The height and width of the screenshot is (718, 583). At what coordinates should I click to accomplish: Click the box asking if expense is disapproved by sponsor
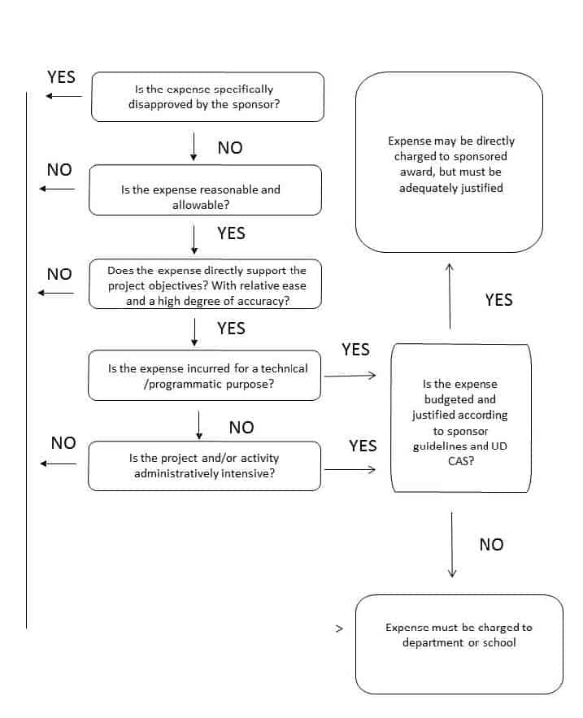(x=207, y=97)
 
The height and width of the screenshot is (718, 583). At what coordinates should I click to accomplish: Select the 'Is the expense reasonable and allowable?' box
(x=205, y=190)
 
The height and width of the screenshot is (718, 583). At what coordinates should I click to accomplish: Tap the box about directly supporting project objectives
(x=205, y=285)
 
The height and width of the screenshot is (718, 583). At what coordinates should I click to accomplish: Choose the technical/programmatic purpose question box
(x=204, y=376)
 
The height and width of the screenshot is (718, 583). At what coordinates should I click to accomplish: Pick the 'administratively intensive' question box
(x=204, y=466)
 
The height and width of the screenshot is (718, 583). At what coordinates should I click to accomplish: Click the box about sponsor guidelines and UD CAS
(x=461, y=418)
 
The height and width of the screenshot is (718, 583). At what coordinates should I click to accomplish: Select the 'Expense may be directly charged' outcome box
(x=450, y=162)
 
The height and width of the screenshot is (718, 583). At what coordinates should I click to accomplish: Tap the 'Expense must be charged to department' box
(x=459, y=644)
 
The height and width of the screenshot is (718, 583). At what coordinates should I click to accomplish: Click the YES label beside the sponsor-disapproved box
(x=61, y=77)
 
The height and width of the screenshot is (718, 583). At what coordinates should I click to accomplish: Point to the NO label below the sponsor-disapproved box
(x=230, y=148)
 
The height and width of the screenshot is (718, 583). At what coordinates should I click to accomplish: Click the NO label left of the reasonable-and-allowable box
(x=59, y=170)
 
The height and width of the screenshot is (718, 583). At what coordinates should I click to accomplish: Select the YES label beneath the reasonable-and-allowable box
(x=231, y=233)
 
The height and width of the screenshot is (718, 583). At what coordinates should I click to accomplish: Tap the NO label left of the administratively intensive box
(x=63, y=443)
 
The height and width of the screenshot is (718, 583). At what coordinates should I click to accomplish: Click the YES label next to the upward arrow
(x=499, y=300)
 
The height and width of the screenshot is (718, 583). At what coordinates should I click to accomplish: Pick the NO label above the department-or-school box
(x=491, y=545)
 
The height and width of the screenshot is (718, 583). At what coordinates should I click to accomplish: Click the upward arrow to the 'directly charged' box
(x=450, y=296)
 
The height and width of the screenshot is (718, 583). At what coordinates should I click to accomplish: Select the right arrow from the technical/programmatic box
(x=350, y=376)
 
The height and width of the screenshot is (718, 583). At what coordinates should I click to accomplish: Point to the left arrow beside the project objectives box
(x=56, y=293)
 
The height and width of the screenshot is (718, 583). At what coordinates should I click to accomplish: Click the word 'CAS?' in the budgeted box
(x=461, y=461)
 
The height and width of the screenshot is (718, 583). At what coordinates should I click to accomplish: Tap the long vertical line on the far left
(x=27, y=360)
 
